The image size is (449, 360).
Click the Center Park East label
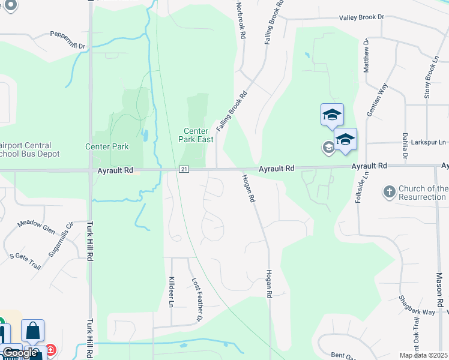(x=196, y=135)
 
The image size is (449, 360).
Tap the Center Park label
(x=107, y=146)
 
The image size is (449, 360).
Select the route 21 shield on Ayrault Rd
(x=183, y=170)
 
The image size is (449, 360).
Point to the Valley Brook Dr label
(x=361, y=17)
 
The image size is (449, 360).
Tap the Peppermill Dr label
(x=68, y=40)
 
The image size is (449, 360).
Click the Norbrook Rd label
(x=241, y=20)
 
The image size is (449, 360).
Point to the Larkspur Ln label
(x=429, y=143)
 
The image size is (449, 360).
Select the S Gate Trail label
(x=25, y=260)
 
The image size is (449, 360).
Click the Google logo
(x=19, y=353)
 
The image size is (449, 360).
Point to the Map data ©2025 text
(x=423, y=355)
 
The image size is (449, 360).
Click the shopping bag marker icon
(x=33, y=331)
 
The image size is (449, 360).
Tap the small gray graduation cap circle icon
(x=328, y=148)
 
